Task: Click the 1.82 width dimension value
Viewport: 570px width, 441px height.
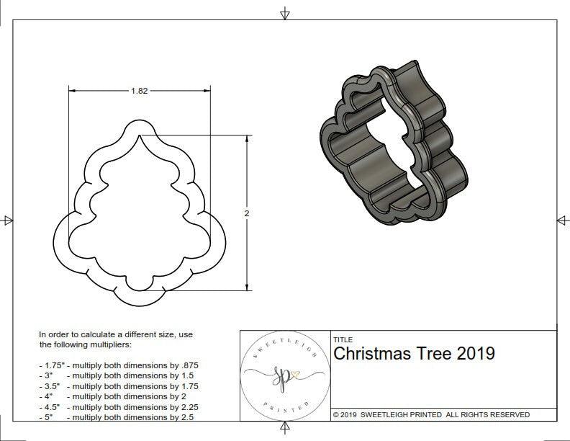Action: (x=140, y=91)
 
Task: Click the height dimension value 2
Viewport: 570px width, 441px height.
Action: (x=247, y=213)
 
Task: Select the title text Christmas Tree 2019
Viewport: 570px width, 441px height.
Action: (x=414, y=354)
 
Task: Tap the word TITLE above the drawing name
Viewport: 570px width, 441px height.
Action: (x=343, y=339)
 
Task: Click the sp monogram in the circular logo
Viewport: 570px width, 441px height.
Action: (x=286, y=375)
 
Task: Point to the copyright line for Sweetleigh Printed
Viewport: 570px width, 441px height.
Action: (x=431, y=414)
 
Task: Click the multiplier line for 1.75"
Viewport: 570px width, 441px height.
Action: (x=119, y=365)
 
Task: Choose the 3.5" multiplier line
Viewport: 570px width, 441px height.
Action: (x=119, y=386)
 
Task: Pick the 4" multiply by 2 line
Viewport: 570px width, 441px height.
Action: (x=112, y=396)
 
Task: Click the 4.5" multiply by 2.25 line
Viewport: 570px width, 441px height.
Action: (x=119, y=406)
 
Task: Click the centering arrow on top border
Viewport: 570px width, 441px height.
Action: (x=285, y=14)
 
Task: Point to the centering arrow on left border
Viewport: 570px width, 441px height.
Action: (x=7, y=220)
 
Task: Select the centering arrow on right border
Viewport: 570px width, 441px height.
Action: (x=562, y=220)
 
